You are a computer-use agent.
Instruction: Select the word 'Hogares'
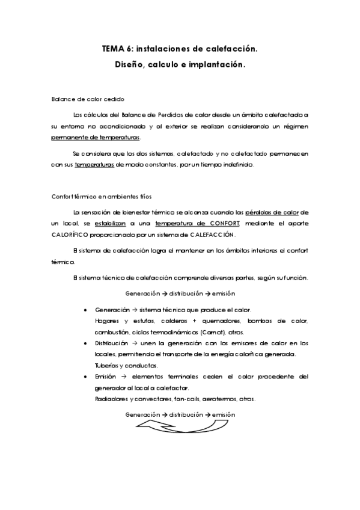click(x=108, y=321)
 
